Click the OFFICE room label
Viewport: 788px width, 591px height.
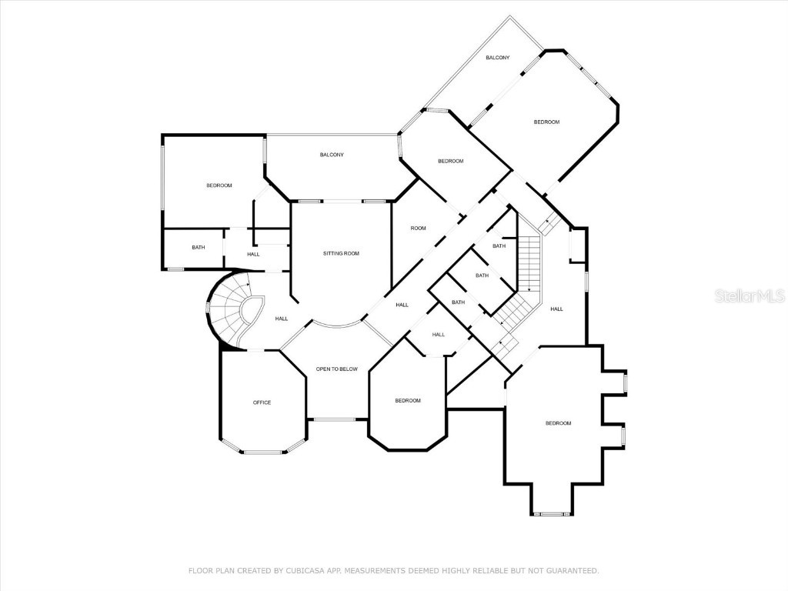[262, 402]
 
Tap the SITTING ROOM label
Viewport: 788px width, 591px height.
[341, 253]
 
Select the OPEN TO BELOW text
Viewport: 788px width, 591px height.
[337, 369]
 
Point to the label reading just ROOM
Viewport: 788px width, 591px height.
[418, 228]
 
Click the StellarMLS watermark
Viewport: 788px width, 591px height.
[750, 295]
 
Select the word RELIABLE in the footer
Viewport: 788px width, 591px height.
[489, 570]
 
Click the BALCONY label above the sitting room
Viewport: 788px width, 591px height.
[332, 155]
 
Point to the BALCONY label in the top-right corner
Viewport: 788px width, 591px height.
[498, 58]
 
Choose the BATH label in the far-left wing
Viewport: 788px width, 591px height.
[199, 247]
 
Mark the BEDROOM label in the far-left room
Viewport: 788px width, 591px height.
[219, 185]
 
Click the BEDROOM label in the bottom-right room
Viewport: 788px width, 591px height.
[559, 423]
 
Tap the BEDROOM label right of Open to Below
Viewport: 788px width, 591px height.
[408, 400]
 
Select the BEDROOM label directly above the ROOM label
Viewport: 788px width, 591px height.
[451, 162]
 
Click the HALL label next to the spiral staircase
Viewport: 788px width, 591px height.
[282, 319]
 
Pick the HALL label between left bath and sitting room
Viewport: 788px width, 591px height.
[253, 254]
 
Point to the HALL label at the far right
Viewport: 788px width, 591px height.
[557, 309]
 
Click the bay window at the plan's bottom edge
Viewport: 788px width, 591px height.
[551, 513]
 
